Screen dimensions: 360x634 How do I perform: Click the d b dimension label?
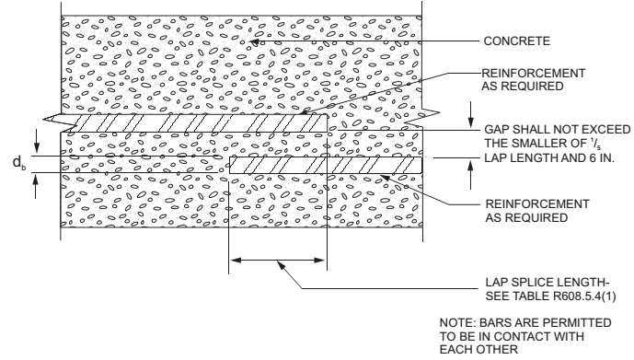pos(18,162)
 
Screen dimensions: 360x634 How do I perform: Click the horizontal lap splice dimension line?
pos(277,261)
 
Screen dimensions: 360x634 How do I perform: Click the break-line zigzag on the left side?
pos(52,121)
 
